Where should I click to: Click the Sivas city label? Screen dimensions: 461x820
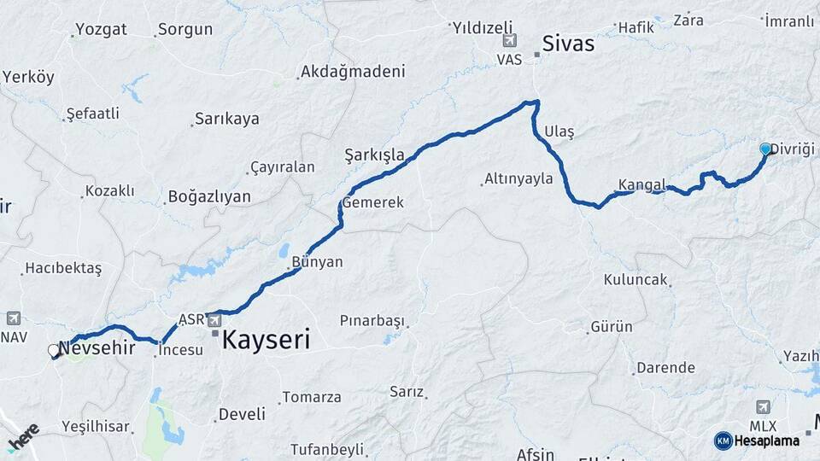(568, 44)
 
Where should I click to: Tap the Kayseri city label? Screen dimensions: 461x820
(266, 340)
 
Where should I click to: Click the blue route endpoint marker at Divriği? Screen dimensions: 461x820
(765, 149)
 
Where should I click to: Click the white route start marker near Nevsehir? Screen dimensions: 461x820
(54, 350)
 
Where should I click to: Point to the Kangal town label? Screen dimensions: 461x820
(641, 184)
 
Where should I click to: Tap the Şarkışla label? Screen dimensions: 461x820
(374, 155)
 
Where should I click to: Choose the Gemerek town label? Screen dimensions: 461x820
(373, 202)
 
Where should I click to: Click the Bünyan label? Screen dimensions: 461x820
(317, 262)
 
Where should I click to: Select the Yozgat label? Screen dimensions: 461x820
(101, 29)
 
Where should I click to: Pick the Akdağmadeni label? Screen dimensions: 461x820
(352, 72)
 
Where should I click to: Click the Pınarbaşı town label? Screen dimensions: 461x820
(371, 321)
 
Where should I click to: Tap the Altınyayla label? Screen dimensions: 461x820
(518, 179)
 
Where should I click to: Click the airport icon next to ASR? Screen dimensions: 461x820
(214, 320)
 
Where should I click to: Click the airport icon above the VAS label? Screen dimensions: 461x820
(510, 40)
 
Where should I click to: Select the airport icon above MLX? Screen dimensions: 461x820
(763, 406)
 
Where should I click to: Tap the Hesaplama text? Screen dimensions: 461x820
(767, 441)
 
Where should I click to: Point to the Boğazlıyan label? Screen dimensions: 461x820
(209, 197)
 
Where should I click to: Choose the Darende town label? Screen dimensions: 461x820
(666, 368)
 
